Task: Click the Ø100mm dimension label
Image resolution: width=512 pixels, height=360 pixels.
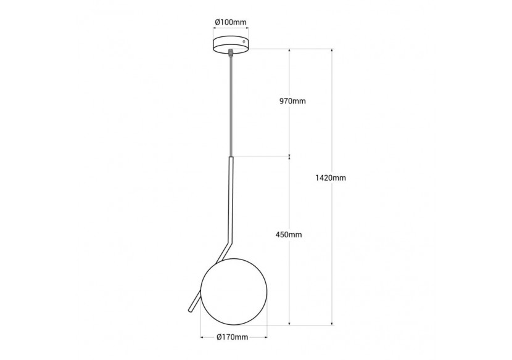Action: point(231,22)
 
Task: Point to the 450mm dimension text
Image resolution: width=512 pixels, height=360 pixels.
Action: point(289,235)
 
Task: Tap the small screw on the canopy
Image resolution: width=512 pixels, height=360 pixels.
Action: point(245,43)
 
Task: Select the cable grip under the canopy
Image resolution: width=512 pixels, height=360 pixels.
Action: point(231,54)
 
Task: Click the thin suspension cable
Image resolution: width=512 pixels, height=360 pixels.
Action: point(231,105)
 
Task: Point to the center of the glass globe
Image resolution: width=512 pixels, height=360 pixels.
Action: point(234,290)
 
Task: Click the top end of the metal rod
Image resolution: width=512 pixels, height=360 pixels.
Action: point(232,159)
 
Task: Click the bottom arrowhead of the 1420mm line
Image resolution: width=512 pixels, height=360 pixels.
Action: point(332,322)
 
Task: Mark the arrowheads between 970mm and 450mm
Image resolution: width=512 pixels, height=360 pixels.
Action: point(289,157)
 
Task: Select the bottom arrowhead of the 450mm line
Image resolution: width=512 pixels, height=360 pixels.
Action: point(289,322)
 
